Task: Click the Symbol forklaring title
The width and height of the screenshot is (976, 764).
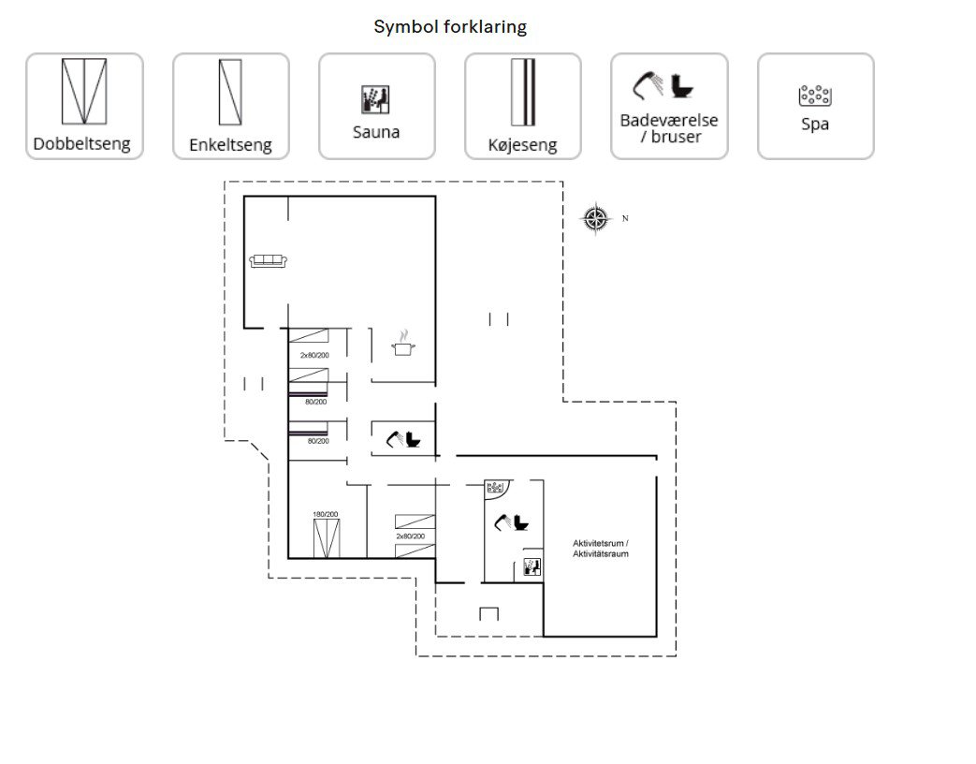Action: tap(450, 27)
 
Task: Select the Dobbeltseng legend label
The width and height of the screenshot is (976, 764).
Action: tap(81, 144)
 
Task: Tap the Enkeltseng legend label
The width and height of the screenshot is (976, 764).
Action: tap(230, 145)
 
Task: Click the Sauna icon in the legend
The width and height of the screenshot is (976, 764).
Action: tap(376, 99)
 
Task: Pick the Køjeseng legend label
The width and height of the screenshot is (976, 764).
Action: tap(522, 145)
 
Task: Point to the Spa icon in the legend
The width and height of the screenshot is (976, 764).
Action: tap(815, 95)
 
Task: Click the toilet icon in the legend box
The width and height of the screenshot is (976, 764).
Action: tap(682, 86)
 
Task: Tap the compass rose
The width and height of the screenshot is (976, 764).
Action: tap(596, 218)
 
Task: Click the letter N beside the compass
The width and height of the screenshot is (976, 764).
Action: tap(625, 218)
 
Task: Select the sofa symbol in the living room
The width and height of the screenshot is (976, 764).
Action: tap(269, 261)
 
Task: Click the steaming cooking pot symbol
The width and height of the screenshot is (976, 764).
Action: tap(403, 343)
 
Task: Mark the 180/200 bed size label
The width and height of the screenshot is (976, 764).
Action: tap(326, 514)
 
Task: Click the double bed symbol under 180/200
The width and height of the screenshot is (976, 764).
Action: tap(327, 538)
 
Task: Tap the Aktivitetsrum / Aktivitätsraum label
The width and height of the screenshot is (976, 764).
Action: tap(601, 549)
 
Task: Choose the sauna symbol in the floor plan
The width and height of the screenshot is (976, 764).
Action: tap(532, 566)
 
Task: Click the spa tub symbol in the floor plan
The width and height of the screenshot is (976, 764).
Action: tap(495, 487)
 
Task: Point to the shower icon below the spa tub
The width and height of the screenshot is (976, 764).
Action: tap(503, 522)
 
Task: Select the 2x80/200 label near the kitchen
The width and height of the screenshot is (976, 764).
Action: tap(314, 356)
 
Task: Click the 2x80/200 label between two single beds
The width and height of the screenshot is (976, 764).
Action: tap(411, 536)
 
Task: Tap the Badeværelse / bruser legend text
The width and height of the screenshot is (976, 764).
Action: tap(669, 128)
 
